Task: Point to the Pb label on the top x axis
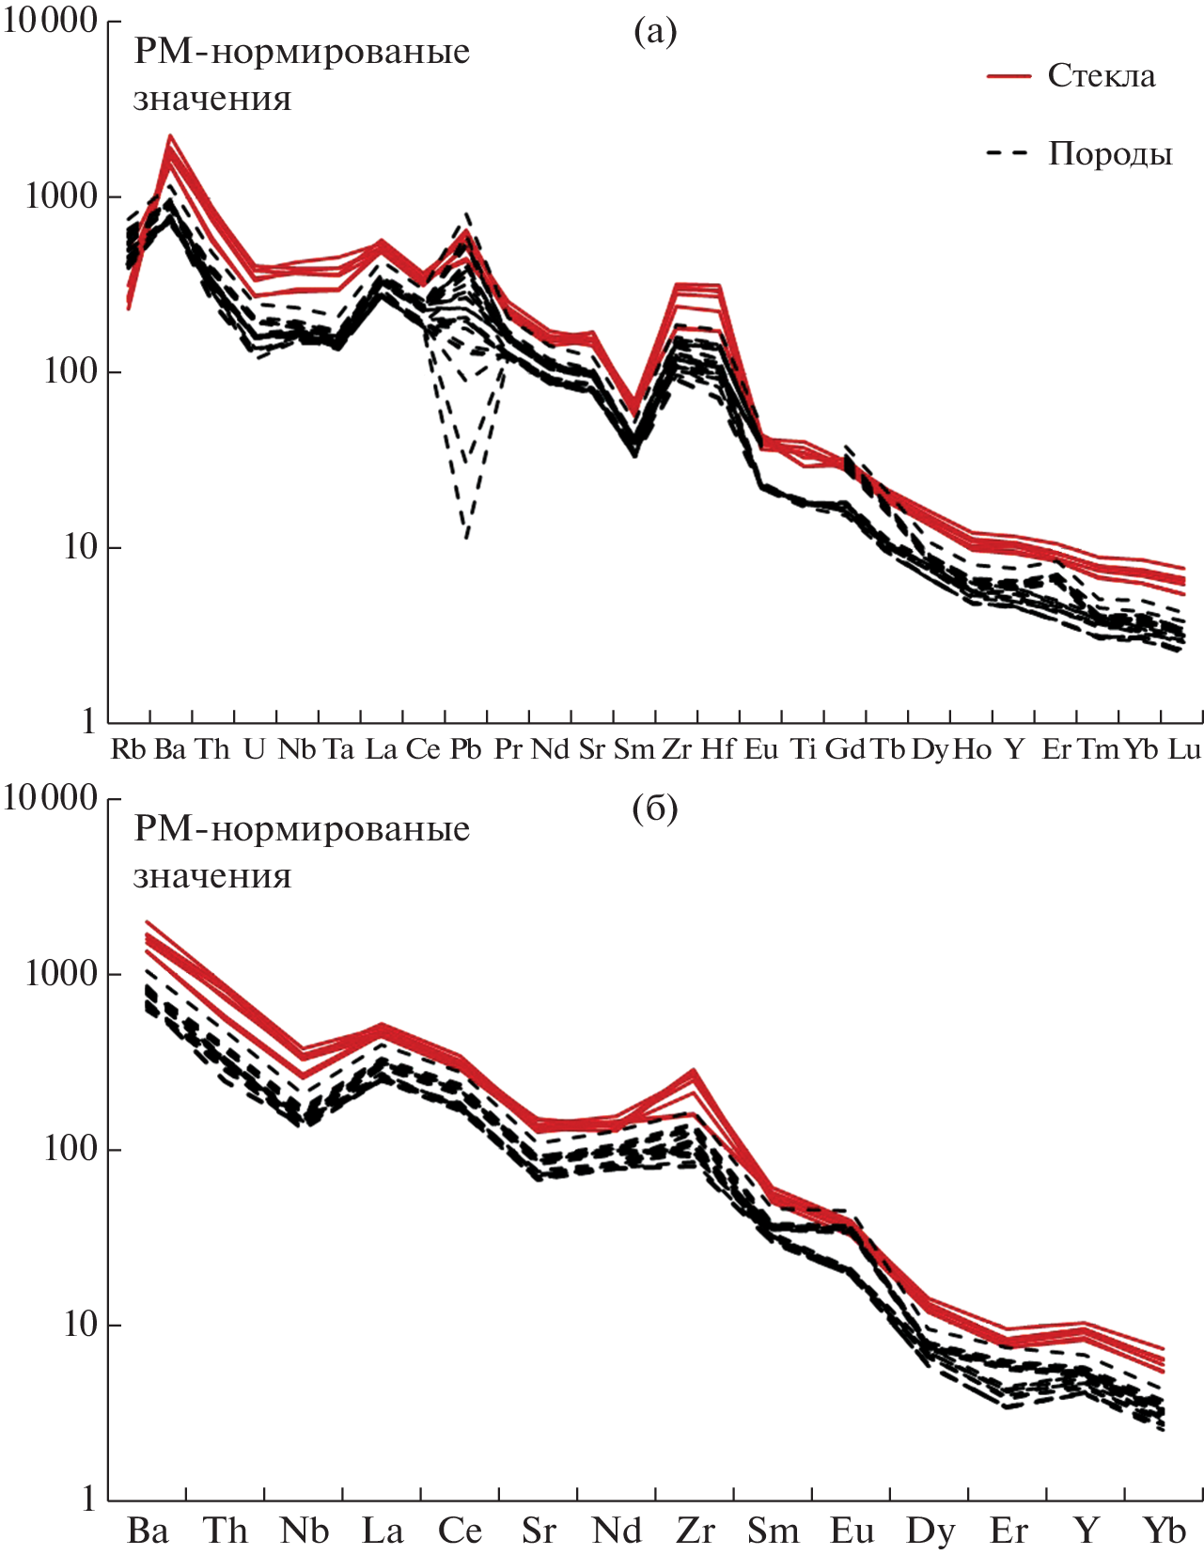coord(465,749)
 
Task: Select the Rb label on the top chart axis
coord(129,749)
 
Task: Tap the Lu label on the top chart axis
coord(1183,749)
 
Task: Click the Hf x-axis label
coord(718,749)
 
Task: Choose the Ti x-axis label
coord(803,749)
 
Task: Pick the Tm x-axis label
coord(1098,749)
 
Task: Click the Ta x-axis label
coord(338,749)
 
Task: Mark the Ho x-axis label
coord(972,749)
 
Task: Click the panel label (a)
coord(655,32)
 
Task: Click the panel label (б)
coord(655,809)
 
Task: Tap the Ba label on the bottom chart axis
coord(148,1531)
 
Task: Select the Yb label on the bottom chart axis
coord(1165,1531)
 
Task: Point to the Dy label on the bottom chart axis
coord(930,1531)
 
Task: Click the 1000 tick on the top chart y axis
coord(61,196)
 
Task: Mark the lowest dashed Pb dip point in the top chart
coord(467,538)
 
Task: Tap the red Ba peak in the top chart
coord(170,136)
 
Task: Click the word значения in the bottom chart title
coord(212,876)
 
